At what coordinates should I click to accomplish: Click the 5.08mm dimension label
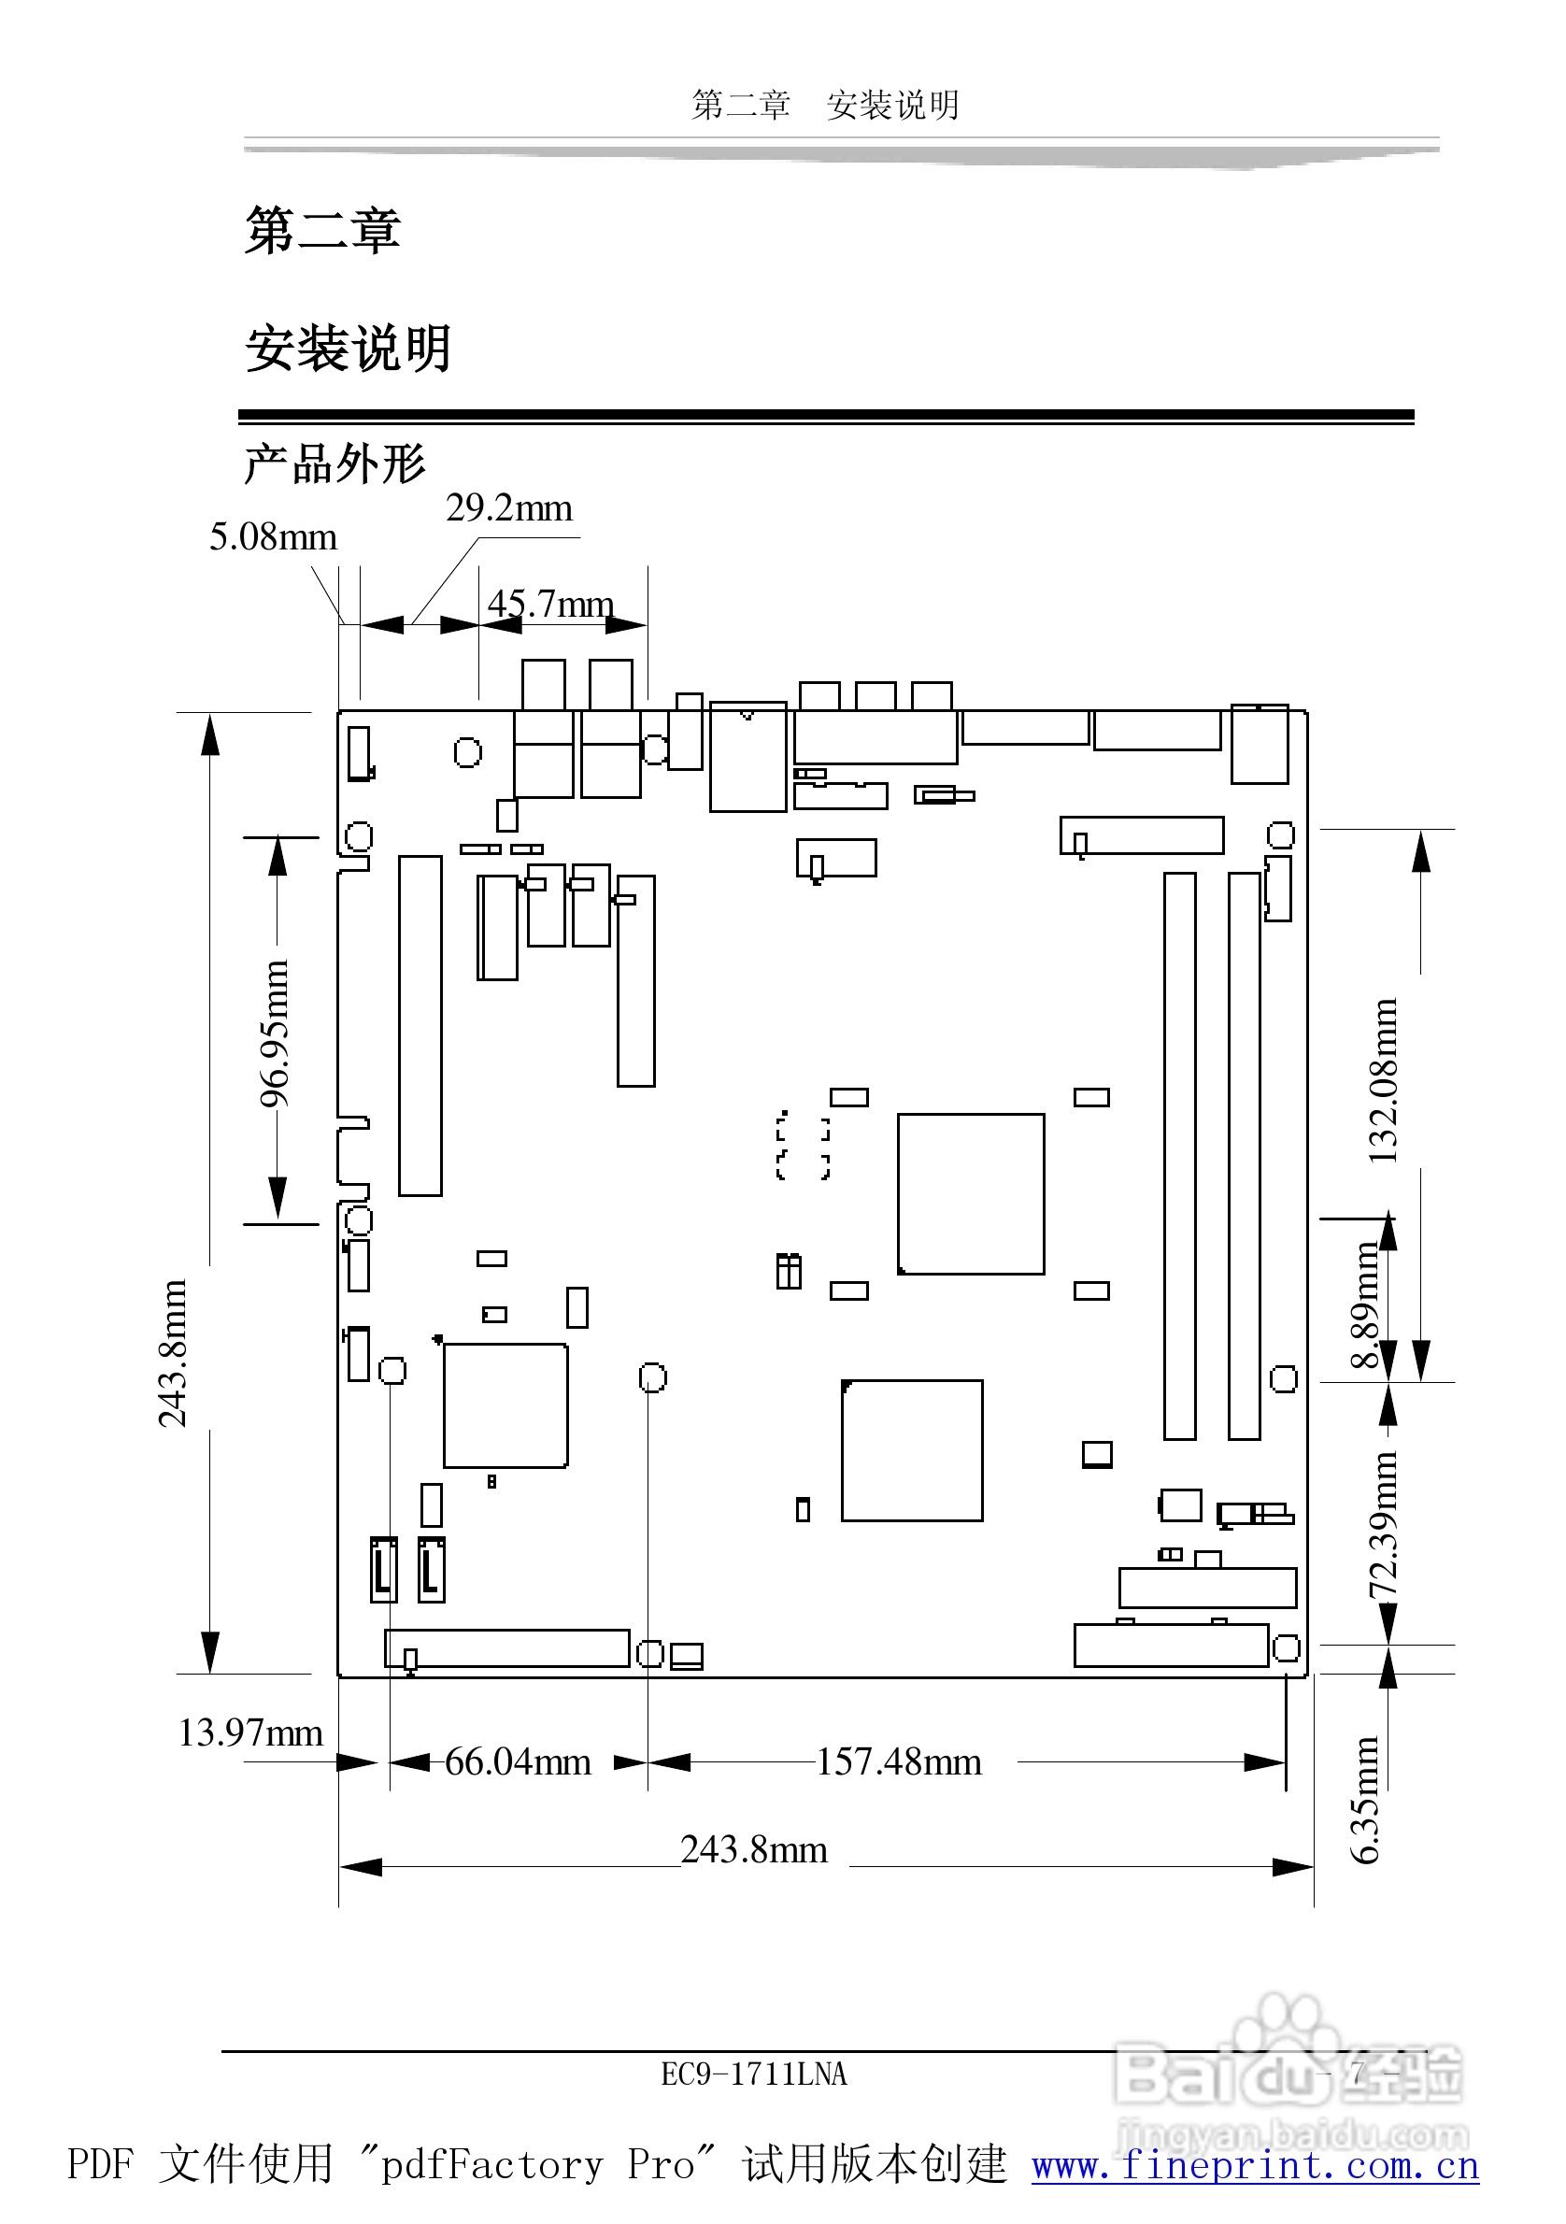click(x=273, y=537)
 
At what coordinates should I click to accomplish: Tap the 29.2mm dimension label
click(x=508, y=508)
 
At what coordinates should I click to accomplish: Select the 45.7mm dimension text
click(x=550, y=605)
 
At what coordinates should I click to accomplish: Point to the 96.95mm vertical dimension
click(x=275, y=1034)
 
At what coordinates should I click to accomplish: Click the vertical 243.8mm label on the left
click(x=174, y=1353)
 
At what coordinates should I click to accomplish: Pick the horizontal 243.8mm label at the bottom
click(x=753, y=1850)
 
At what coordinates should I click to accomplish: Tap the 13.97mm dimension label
click(x=249, y=1732)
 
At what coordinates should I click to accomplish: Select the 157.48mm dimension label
click(x=899, y=1762)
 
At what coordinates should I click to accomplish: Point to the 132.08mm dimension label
click(x=1383, y=1080)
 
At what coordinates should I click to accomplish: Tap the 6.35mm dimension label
click(x=1364, y=1801)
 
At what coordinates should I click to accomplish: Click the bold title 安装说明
click(x=348, y=349)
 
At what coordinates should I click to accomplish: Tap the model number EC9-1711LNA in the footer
click(x=753, y=2074)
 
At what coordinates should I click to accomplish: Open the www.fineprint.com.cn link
click(x=1255, y=2165)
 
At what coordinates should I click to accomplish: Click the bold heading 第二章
click(x=322, y=231)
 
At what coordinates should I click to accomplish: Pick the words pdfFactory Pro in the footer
click(x=537, y=2165)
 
